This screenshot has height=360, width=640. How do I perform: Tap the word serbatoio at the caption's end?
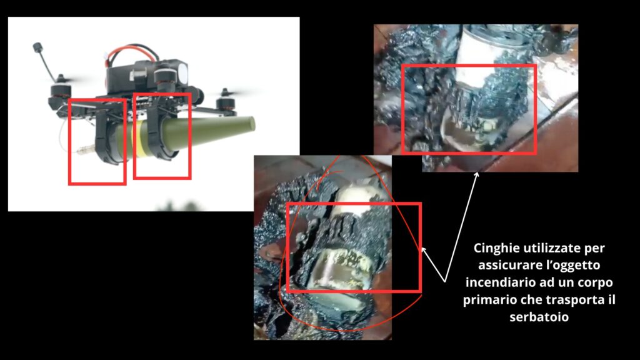(539, 317)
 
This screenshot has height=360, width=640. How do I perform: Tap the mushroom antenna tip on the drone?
(38, 47)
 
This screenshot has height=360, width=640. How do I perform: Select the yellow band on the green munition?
(141, 138)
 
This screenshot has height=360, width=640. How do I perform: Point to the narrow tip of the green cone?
(252, 124)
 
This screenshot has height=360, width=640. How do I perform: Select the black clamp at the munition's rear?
(107, 141)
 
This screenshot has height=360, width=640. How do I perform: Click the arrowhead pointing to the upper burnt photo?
(476, 176)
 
